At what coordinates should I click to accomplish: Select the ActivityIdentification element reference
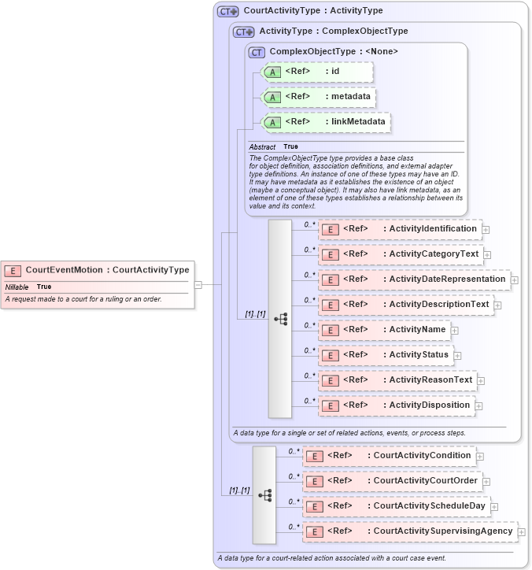pos(400,229)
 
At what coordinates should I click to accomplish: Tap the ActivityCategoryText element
pos(401,254)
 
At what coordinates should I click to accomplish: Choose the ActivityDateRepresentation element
pos(414,279)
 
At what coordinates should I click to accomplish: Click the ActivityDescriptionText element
pos(406,305)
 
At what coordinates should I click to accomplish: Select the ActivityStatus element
pos(386,355)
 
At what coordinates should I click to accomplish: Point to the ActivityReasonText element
pos(397,380)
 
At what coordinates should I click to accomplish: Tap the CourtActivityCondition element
pos(389,456)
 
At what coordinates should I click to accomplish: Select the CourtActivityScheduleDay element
pos(396,506)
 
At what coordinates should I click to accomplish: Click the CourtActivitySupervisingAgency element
pos(410,531)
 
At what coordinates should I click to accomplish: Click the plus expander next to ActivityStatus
pos(457,356)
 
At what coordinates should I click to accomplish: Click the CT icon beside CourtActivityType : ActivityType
pos(228,11)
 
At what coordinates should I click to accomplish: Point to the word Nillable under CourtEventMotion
pos(17,287)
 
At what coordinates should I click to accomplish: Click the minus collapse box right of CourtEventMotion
pos(198,284)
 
